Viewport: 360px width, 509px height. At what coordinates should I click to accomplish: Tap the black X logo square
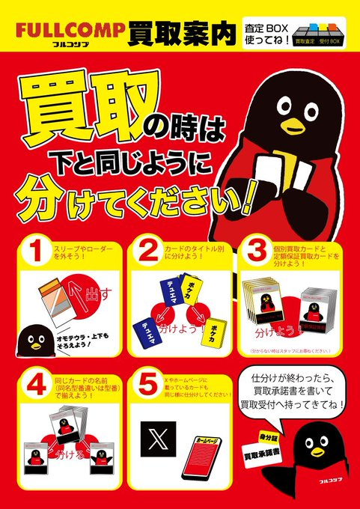click(x=158, y=441)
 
